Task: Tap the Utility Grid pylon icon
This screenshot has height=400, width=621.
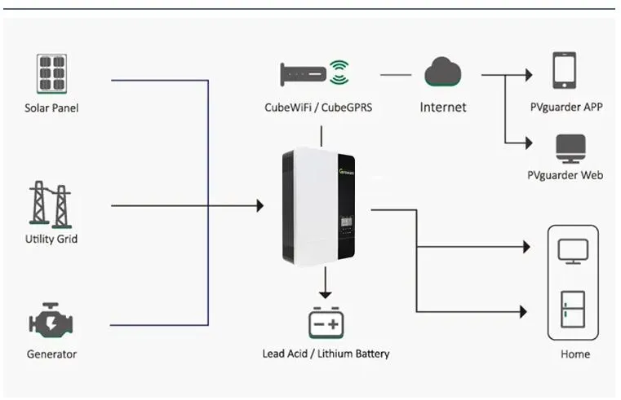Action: click(51, 204)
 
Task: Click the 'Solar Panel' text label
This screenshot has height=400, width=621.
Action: click(51, 108)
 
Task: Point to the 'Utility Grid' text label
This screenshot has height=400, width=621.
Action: click(51, 240)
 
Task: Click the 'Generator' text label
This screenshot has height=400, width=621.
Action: click(51, 354)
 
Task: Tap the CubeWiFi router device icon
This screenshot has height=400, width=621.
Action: click(303, 74)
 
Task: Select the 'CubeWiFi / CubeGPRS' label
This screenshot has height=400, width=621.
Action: click(318, 107)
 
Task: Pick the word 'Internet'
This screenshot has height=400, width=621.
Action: click(442, 107)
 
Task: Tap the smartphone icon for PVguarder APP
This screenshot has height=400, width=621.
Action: click(564, 71)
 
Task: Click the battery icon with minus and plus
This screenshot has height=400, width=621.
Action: click(326, 323)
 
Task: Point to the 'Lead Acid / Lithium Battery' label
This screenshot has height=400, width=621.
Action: click(326, 354)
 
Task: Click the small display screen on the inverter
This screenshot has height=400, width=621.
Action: click(346, 218)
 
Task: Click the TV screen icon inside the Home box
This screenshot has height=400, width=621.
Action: click(572, 249)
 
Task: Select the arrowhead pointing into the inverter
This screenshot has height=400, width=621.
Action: click(259, 205)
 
